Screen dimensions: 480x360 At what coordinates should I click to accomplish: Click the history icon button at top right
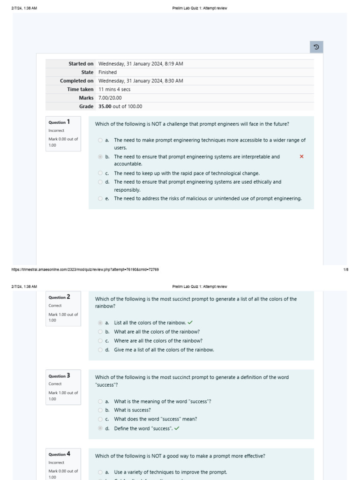pos(316,47)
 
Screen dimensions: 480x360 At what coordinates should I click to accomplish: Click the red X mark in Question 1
pos(301,157)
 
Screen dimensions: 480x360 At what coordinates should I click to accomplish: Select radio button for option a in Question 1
pos(100,140)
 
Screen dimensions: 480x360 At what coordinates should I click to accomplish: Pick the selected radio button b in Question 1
pos(100,157)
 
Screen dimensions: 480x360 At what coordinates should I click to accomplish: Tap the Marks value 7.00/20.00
pos(110,98)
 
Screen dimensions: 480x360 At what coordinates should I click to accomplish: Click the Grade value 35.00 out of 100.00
pos(120,106)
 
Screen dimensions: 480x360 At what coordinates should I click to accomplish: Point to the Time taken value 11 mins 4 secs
pos(114,89)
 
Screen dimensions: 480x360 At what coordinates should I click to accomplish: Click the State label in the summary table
pos(87,72)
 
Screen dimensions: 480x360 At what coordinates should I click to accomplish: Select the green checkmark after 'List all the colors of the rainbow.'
pos(190,322)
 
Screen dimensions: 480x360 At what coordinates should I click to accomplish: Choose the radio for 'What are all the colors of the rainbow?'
pos(100,332)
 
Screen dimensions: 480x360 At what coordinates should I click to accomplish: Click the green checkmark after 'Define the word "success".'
pos(177,428)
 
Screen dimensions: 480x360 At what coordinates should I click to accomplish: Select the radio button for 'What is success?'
pos(100,410)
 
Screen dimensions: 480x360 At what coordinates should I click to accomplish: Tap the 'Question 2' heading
pos(59,297)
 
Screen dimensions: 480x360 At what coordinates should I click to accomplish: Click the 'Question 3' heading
pos(59,375)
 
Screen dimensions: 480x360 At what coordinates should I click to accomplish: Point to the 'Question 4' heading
pos(59,454)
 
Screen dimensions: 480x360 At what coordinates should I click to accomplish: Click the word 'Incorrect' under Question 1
pos(56,131)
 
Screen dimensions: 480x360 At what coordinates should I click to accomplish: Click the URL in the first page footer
pos(85,270)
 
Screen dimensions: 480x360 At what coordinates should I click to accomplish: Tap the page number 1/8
pos(345,270)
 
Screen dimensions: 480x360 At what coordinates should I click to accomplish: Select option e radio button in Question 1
pos(100,199)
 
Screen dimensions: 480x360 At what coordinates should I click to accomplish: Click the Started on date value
pos(141,64)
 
